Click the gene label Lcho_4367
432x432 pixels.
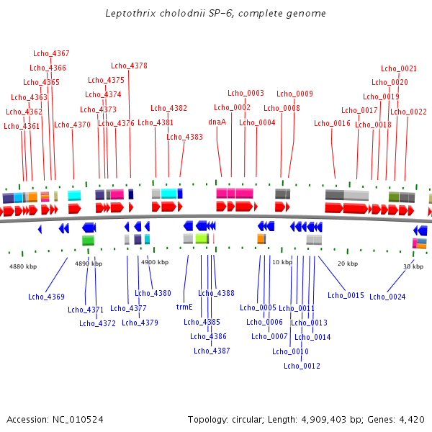tap(51, 53)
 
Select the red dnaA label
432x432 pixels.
tap(217, 122)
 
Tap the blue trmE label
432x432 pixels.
tap(184, 306)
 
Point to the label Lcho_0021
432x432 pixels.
tap(399, 68)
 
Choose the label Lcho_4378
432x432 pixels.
tap(129, 66)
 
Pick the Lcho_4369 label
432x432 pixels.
tap(46, 297)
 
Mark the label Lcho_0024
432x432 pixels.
tap(387, 297)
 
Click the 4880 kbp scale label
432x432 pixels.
tap(22, 266)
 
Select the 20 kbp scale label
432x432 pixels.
tap(348, 264)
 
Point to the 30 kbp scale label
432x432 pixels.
tap(413, 266)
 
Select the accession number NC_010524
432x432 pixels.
tap(77, 419)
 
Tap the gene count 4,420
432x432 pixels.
tap(411, 419)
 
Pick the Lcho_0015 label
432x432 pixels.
tap(346, 295)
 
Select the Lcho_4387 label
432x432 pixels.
tap(212, 351)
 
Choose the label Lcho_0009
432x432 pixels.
tap(294, 94)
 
